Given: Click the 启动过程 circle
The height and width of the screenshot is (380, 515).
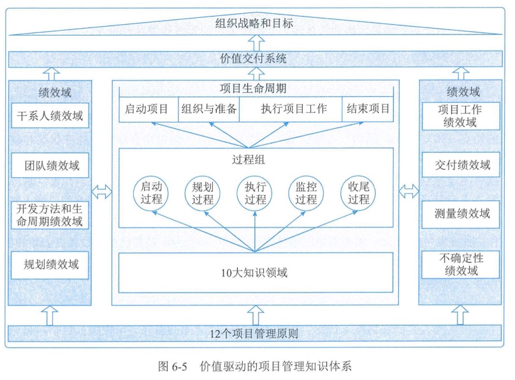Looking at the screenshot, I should [151, 193].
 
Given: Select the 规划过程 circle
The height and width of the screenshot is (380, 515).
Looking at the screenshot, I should [203, 193].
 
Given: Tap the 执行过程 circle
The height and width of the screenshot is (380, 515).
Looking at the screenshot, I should [254, 193].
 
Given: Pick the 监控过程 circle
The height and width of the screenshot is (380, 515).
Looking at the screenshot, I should [306, 193].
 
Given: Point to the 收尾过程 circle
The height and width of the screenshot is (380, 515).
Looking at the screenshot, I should [358, 193].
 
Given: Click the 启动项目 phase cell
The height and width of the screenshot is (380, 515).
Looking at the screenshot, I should [147, 108].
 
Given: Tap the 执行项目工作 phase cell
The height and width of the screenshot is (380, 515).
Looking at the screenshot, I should [291, 108].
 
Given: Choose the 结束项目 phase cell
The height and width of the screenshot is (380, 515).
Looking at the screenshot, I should [368, 108].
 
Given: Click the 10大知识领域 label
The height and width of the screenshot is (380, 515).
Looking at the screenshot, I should [256, 272].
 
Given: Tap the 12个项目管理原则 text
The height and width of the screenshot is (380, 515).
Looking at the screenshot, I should [254, 333].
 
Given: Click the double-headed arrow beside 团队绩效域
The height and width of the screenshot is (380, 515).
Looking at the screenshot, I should [102, 190].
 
